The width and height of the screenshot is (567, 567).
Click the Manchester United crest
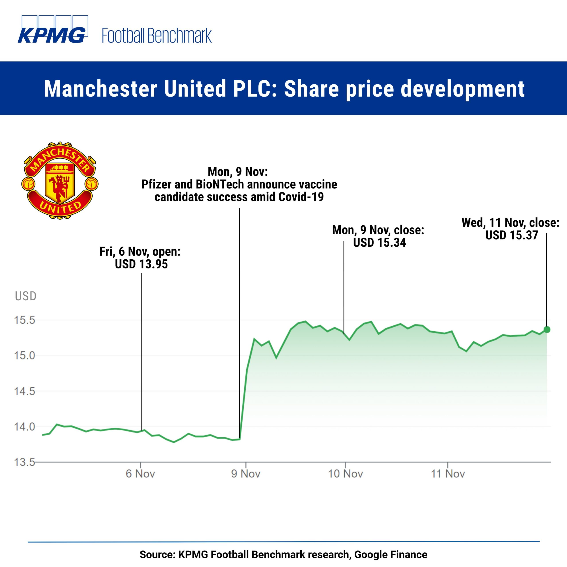[60, 180]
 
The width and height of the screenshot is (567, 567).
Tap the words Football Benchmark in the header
[156, 36]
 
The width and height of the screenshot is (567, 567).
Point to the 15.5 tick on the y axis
[25, 320]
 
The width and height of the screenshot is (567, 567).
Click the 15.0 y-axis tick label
[25, 355]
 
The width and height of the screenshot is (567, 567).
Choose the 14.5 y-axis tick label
[25, 391]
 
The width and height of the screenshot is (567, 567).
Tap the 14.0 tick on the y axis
[25, 427]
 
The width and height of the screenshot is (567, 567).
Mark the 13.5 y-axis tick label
[25, 462]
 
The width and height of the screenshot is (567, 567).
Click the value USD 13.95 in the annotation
[142, 264]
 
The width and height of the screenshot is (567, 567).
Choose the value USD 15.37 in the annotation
[512, 235]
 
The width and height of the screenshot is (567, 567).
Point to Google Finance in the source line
[391, 554]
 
